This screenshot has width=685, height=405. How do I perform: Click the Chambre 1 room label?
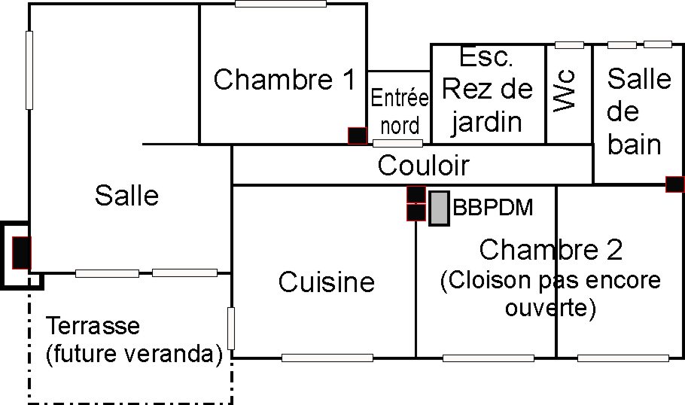pos(284,80)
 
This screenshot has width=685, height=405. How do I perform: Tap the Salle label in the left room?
pos(126,196)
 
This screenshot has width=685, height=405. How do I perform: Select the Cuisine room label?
pos(326,282)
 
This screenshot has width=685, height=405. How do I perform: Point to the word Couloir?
pos(423,165)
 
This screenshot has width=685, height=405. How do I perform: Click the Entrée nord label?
pos(400,111)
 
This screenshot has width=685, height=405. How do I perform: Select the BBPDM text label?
pos(493,207)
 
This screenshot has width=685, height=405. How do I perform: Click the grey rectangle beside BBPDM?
pos(439,209)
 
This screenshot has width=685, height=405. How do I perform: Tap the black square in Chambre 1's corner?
pos(357,136)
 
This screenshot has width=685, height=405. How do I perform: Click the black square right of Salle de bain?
pos(674,183)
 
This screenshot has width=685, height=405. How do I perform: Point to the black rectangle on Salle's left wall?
pos(21,253)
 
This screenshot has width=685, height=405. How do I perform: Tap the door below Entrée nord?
pos(397,143)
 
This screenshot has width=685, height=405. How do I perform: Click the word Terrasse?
pos(93,327)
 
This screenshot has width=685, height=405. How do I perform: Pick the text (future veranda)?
pos(134,354)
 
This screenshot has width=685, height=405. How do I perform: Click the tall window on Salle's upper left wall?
pos(29,70)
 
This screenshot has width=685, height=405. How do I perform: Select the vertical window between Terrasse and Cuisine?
pos(231,328)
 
